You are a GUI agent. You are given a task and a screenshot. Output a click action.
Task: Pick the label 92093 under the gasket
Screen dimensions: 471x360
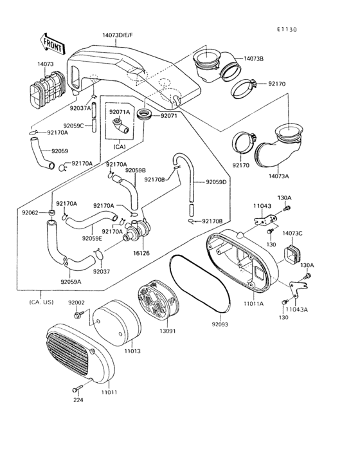tap(219, 325)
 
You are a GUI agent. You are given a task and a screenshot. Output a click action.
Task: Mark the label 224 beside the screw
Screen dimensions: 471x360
tap(78, 400)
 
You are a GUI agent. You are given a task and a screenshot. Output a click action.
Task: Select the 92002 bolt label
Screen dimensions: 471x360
tap(76, 302)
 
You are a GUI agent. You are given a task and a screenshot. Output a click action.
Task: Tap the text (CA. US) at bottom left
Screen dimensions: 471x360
tap(41, 302)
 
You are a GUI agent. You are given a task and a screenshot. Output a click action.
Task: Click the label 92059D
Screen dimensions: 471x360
tap(216, 182)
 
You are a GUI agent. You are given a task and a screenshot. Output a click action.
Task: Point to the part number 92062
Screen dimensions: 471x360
tap(30, 212)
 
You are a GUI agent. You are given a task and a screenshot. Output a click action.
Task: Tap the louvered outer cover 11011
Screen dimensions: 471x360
tap(71, 355)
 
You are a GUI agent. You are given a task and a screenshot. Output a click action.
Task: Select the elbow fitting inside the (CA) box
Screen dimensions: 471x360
tap(120, 127)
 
